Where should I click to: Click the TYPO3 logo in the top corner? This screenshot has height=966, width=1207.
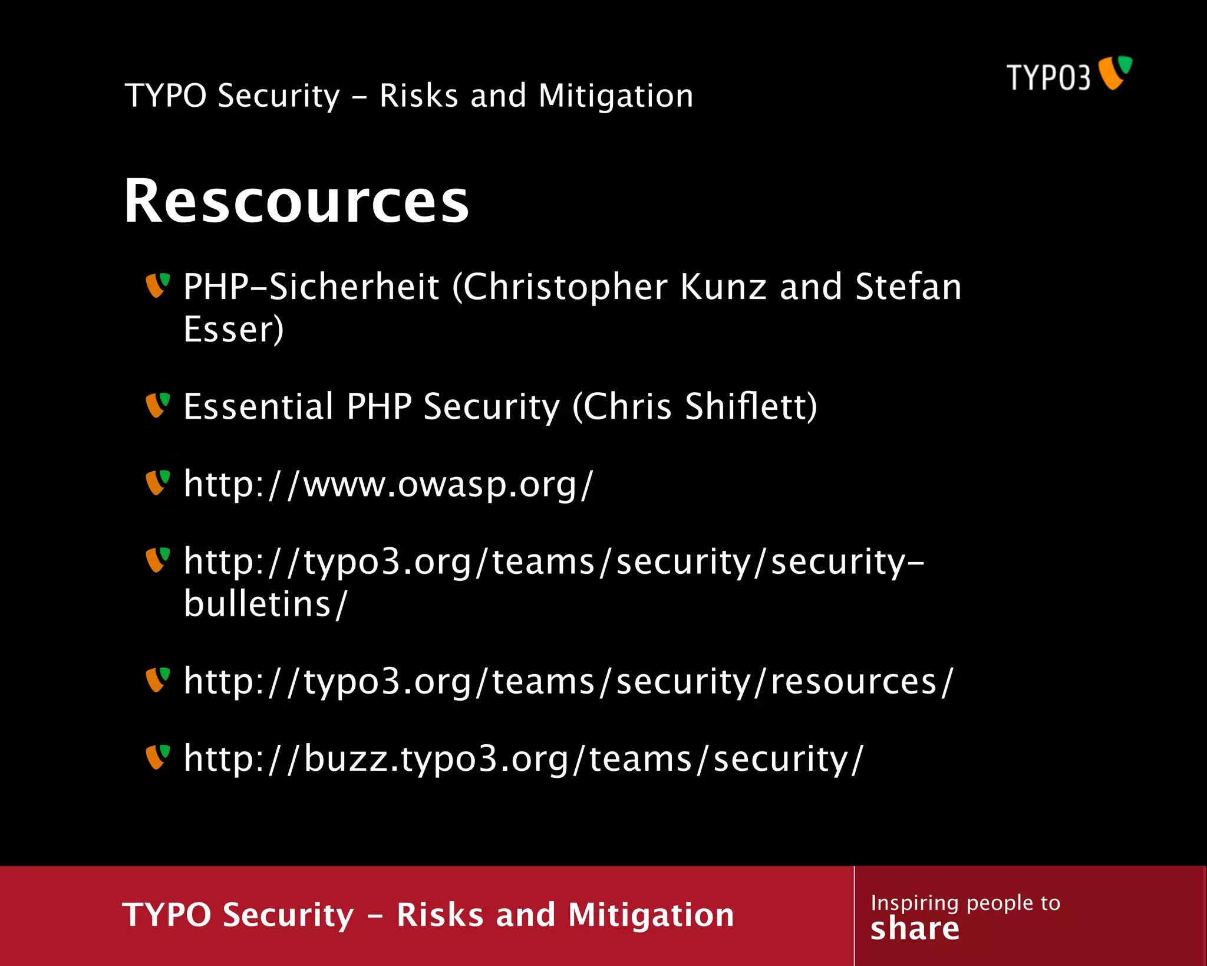[x=1069, y=75]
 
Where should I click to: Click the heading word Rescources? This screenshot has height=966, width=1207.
[x=296, y=202]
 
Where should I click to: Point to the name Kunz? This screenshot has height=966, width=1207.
[x=723, y=287]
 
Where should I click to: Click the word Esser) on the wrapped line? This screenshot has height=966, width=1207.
[x=233, y=330]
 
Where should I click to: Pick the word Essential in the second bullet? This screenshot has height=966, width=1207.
[x=258, y=406]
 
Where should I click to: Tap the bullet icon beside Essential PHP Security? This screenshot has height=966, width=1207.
[x=157, y=405]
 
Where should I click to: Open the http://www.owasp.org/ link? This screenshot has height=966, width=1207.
[x=388, y=485]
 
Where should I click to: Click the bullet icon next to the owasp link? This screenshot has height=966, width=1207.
[x=157, y=482]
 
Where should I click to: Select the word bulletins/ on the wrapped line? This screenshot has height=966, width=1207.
[x=265, y=604]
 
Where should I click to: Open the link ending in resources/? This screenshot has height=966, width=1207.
[x=568, y=682]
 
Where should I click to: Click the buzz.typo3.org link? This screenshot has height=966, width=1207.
[x=523, y=759]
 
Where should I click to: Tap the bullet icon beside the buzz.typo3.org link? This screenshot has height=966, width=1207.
[x=157, y=757]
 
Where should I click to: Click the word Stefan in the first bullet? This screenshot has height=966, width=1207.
[x=908, y=287]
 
